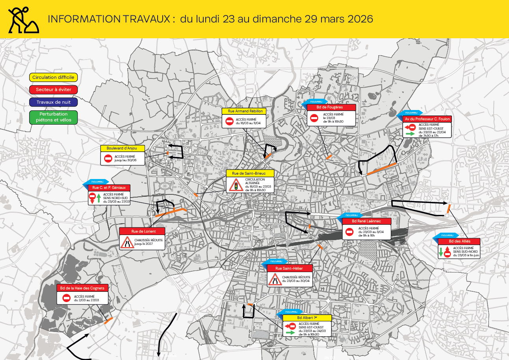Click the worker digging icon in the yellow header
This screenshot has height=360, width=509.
23,19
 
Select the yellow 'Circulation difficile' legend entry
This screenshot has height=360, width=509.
53,77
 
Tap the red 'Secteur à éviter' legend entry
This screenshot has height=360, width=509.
54,90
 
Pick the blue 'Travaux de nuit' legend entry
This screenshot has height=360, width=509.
54,102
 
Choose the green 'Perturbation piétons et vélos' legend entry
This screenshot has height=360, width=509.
54,117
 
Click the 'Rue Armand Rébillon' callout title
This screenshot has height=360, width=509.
244,111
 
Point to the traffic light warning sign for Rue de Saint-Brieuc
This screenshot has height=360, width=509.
236,185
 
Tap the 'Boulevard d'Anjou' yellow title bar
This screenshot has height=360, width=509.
123,148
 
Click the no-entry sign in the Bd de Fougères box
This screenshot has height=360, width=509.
314,118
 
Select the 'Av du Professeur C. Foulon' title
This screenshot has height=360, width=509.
427,119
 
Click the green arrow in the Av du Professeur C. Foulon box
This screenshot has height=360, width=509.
410,134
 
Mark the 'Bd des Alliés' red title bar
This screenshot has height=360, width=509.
459,241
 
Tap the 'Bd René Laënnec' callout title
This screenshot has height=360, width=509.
366,221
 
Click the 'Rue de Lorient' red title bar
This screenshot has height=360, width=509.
143,231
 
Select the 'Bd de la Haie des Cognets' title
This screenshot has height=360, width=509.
82,288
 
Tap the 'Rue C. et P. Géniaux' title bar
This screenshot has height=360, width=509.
109,188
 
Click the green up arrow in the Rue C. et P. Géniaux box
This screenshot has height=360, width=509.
98,198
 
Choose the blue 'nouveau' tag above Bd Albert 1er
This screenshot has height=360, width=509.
291,312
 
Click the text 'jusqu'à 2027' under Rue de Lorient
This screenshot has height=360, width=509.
143,244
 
